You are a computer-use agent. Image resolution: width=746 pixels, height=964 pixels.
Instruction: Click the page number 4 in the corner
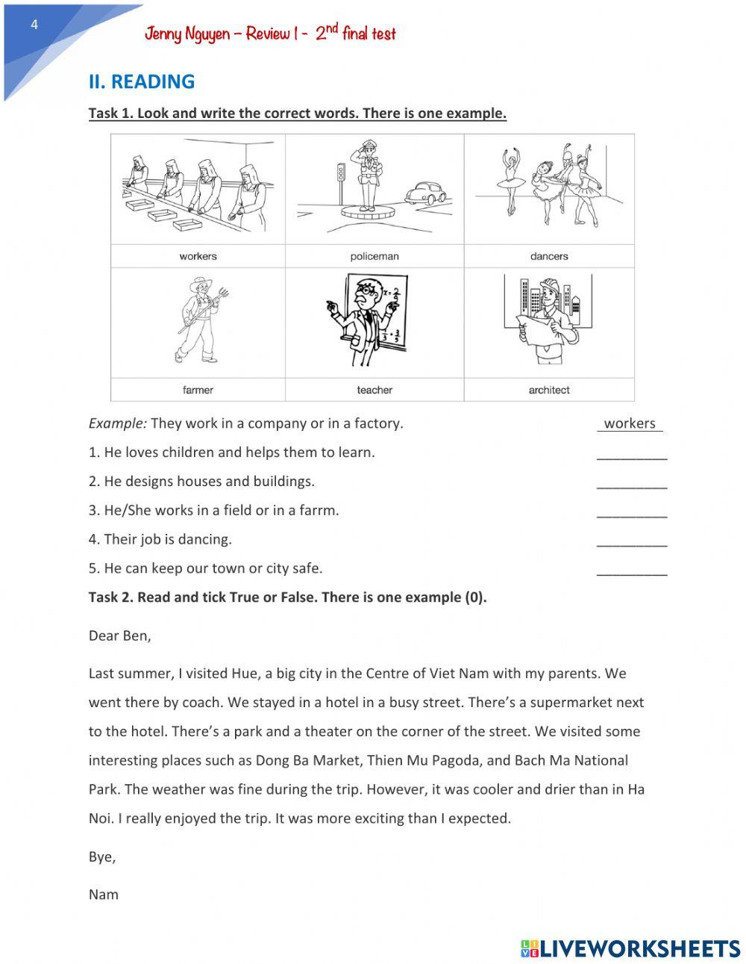(x=34, y=25)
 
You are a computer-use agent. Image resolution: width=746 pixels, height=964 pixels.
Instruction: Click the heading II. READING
(x=141, y=81)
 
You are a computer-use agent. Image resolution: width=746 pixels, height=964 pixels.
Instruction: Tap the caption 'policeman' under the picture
(x=374, y=256)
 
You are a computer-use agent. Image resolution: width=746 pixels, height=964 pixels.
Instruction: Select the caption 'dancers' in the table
(x=549, y=256)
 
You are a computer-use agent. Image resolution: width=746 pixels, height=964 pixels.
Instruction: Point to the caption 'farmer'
(x=198, y=390)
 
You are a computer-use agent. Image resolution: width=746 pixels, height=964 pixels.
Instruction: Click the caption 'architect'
(x=549, y=390)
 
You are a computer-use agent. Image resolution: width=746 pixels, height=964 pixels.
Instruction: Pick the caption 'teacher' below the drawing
(x=374, y=390)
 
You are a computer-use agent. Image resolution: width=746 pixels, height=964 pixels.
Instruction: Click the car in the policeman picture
(x=425, y=193)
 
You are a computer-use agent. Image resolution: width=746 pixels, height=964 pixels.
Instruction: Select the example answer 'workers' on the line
(x=630, y=423)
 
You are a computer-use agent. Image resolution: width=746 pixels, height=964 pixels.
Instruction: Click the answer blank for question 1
(x=632, y=455)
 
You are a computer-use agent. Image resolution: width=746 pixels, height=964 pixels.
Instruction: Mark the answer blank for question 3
(x=632, y=513)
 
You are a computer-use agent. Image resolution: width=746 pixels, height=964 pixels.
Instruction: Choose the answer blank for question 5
(x=632, y=571)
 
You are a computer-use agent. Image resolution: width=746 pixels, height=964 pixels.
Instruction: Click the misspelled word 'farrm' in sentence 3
(x=319, y=511)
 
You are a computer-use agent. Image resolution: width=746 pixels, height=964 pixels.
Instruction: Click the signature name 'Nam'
(x=104, y=895)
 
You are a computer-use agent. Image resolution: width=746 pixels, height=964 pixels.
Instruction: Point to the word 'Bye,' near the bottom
(x=102, y=857)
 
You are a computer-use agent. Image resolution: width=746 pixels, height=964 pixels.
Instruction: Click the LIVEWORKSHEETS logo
(x=630, y=948)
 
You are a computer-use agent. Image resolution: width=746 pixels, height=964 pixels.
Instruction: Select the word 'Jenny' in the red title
(x=163, y=34)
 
